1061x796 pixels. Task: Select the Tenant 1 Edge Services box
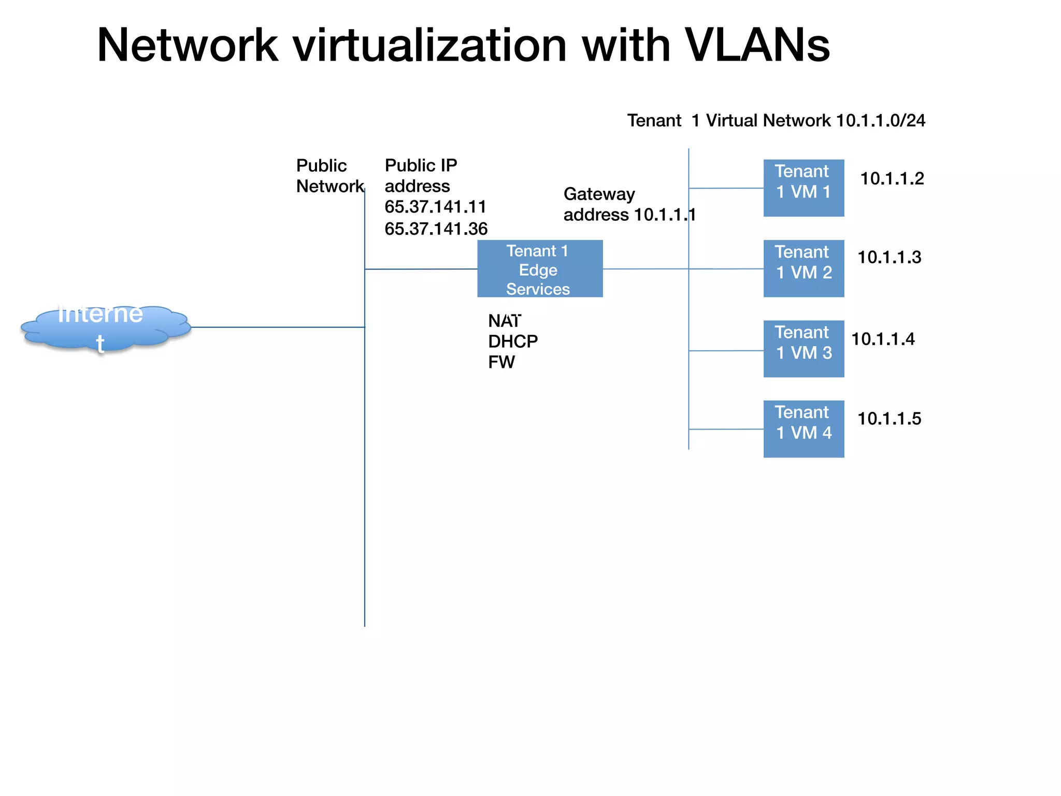click(540, 268)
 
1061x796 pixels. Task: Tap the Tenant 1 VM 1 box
click(804, 188)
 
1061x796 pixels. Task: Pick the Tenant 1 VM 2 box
click(804, 268)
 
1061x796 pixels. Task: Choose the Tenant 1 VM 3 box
click(804, 348)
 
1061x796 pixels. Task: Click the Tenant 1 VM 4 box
click(804, 429)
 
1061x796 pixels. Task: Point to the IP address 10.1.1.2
click(892, 179)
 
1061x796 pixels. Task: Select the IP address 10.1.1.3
click(889, 258)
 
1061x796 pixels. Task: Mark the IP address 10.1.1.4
click(883, 339)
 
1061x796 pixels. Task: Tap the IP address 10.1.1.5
click(889, 419)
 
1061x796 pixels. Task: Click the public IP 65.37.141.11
click(435, 207)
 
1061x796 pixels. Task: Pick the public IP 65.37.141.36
click(436, 229)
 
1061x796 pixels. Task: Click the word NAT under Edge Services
click(504, 321)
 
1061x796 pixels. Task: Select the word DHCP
click(513, 342)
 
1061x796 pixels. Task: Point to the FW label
click(501, 362)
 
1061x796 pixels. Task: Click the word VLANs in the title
click(757, 45)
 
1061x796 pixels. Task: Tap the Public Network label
click(329, 176)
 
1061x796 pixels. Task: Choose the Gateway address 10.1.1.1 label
click(629, 204)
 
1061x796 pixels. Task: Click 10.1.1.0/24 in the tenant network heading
click(880, 120)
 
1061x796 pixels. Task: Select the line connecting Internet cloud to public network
click(278, 327)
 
